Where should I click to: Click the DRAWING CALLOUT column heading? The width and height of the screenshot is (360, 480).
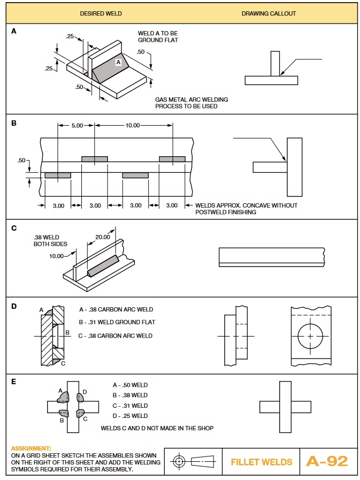pos(269,13)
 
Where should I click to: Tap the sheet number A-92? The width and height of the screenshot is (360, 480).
pos(327,461)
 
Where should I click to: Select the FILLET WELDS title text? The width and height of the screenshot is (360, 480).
pos(262,462)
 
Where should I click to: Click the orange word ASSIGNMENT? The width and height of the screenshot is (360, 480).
pos(31,448)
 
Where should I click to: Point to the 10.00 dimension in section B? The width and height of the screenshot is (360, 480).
pos(132,125)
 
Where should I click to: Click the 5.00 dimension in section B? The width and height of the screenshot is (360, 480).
pos(77,125)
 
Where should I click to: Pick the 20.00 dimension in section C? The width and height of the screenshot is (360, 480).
pos(103,237)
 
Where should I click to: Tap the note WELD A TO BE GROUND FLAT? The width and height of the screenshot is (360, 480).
pos(158,36)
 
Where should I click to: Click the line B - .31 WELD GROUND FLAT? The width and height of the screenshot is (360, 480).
pos(117,322)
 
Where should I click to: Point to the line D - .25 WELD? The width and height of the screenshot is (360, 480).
pos(130,416)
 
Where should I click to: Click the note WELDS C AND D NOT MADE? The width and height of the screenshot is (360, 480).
pos(157,428)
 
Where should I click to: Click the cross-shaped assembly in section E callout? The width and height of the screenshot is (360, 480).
pos(285,406)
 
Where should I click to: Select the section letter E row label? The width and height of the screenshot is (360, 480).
pos(14,382)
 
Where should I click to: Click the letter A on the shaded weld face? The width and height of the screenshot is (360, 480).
pos(118,63)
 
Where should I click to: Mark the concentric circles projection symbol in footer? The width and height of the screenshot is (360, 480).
pos(180,461)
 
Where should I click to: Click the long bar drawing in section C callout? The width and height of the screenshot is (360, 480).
pos(272,257)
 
